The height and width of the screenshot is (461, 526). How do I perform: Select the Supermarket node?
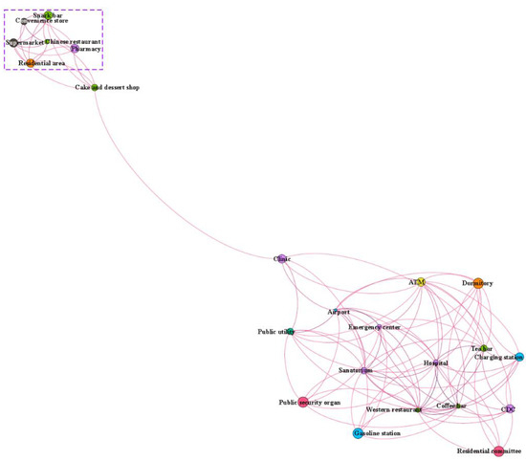pyautogui.click(x=11, y=43)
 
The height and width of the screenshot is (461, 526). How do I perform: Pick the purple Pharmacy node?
pyautogui.click(x=73, y=48)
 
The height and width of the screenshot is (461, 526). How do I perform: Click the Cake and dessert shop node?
pyautogui.click(x=94, y=87)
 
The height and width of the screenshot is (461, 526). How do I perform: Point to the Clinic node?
pyautogui.click(x=282, y=258)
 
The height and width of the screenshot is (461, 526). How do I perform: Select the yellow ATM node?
pyautogui.click(x=417, y=283)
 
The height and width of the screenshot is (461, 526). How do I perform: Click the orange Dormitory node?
pyautogui.click(x=478, y=283)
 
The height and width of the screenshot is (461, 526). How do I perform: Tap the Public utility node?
pyautogui.click(x=290, y=333)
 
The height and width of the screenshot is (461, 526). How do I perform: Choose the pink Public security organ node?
pyautogui.click(x=303, y=403)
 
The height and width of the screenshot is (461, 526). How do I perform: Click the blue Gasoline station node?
pyautogui.click(x=357, y=432)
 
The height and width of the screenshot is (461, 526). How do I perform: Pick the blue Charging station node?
pyautogui.click(x=517, y=357)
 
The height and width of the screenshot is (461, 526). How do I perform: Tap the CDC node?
pyautogui.click(x=508, y=409)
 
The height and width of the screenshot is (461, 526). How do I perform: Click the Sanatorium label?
pyautogui.click(x=355, y=369)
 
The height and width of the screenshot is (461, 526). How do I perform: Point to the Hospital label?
pyautogui.click(x=435, y=363)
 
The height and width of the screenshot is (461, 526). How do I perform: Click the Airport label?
pyautogui.click(x=339, y=312)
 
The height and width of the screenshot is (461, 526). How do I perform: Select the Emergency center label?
pyautogui.click(x=374, y=327)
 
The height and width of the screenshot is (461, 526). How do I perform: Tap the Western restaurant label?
pyautogui.click(x=393, y=409)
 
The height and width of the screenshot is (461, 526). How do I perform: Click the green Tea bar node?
pyautogui.click(x=485, y=348)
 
